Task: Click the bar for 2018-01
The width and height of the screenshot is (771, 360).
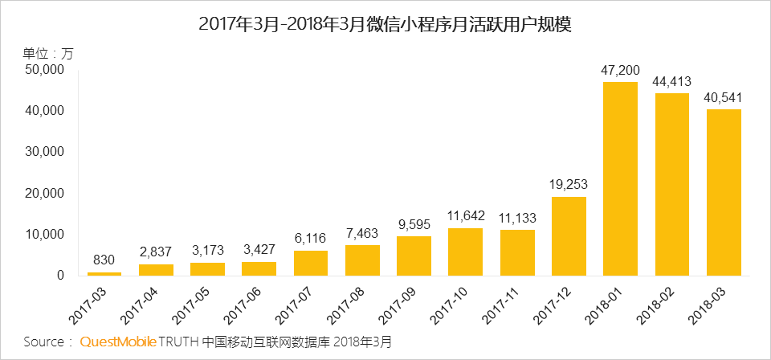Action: (620, 179)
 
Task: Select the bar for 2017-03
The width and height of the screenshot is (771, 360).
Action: (104, 273)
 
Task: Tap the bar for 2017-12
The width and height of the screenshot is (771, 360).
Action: (569, 236)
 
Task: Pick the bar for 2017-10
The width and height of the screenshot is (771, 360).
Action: (465, 252)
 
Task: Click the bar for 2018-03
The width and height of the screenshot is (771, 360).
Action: (724, 193)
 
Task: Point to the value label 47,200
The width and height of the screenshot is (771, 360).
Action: (620, 70)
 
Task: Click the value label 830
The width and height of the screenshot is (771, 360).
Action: (104, 260)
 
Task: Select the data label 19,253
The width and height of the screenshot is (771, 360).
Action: (569, 184)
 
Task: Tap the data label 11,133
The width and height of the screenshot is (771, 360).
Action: (516, 218)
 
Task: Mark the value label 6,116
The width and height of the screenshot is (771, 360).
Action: (311, 239)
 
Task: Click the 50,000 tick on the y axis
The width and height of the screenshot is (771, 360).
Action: (44, 70)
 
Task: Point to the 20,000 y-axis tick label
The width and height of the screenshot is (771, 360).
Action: (44, 194)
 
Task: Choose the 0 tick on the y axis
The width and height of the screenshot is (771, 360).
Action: (59, 276)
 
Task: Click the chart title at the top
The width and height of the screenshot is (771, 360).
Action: (385, 24)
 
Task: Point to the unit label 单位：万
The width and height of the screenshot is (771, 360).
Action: (47, 53)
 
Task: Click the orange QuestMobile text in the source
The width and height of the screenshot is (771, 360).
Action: (118, 342)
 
